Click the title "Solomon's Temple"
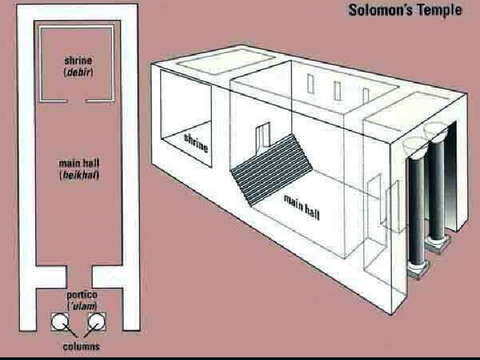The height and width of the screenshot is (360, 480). [x=413, y=11]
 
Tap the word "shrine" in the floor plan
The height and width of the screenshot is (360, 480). [x=78, y=62]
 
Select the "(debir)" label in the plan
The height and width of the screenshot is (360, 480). [x=78, y=72]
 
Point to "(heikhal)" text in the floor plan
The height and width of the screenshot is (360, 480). [x=79, y=174]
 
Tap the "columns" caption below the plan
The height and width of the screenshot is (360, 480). [x=81, y=347]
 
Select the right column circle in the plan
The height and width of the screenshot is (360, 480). [x=97, y=323]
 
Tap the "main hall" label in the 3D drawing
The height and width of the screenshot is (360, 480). [x=302, y=207]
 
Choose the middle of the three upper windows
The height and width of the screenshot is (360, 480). [x=337, y=90]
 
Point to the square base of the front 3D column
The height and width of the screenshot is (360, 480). [x=417, y=269]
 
